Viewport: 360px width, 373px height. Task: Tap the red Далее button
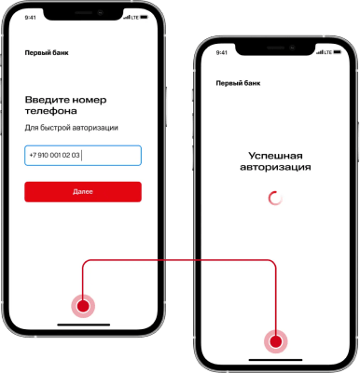pos(83,192)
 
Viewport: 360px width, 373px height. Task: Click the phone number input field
pos(83,156)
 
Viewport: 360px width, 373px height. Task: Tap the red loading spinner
pos(275,199)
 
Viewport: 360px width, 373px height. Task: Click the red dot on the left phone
pos(83,306)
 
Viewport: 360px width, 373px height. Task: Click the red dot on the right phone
pos(276,341)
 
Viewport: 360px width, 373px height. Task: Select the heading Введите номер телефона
pos(65,105)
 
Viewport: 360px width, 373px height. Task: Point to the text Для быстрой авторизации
pos(71,128)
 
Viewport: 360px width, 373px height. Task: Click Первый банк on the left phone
pos(47,53)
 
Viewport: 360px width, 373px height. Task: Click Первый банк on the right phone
pos(238,83)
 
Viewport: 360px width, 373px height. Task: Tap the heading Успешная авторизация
pos(275,161)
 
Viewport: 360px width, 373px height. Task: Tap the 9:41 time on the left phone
pos(30,18)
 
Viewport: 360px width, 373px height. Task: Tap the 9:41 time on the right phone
pos(221,53)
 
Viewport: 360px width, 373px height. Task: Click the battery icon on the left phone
pos(145,18)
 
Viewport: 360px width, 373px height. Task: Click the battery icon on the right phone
pos(338,52)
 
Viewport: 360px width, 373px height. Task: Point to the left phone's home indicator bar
pos(84,325)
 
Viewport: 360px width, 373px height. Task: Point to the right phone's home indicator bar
pos(275,360)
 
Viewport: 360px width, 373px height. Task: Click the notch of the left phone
pos(83,14)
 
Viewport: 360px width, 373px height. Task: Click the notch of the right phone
pos(275,48)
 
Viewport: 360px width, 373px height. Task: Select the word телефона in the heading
pos(51,111)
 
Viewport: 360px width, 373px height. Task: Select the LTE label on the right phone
pos(328,52)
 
